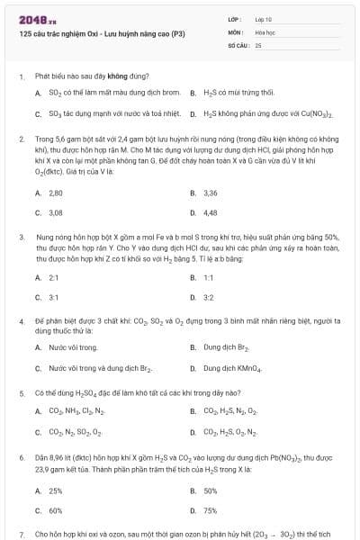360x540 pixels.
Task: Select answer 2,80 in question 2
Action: click(x=56, y=193)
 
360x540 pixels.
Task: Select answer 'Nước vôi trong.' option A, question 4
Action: click(x=74, y=347)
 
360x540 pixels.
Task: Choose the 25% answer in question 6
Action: click(x=56, y=490)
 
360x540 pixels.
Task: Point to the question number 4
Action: click(x=21, y=321)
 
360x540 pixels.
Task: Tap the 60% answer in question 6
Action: click(x=56, y=511)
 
